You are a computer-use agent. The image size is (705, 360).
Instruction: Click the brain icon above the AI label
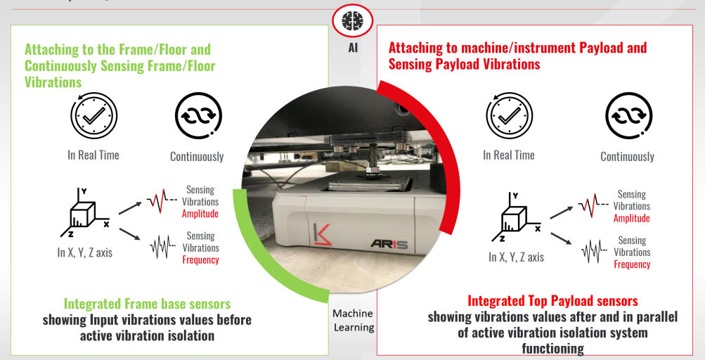[x=352, y=21]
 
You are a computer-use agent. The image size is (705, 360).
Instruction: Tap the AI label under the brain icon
[x=352, y=49]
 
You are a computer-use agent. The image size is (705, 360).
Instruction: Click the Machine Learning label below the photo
[x=352, y=320]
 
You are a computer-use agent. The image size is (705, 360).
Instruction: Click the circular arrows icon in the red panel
[x=627, y=117]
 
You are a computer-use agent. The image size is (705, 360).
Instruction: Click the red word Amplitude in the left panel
[x=200, y=214]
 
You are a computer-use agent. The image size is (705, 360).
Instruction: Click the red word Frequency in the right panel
[x=632, y=264]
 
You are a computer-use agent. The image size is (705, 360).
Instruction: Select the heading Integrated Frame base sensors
[x=147, y=304]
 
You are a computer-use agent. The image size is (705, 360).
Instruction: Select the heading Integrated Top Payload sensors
[x=552, y=301]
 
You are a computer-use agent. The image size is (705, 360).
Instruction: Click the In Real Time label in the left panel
[x=93, y=155]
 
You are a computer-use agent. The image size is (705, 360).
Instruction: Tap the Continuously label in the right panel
[x=627, y=157]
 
